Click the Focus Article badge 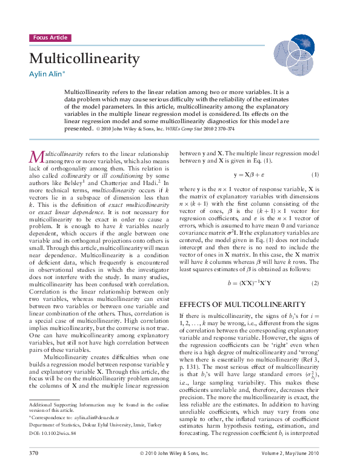[50, 38]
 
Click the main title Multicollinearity [84, 59]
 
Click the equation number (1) [315, 174]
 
